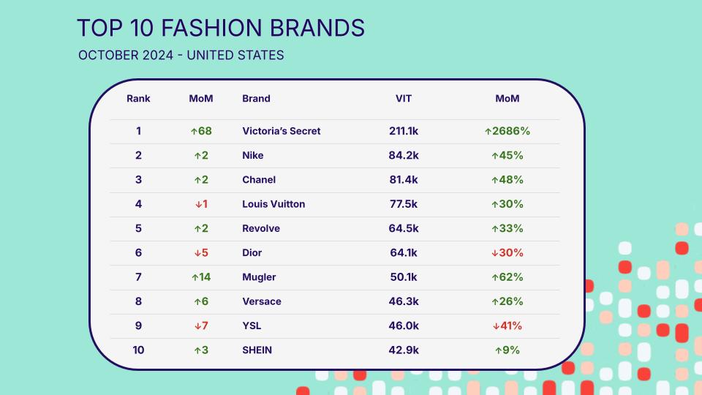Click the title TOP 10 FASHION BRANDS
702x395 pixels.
pos(221,28)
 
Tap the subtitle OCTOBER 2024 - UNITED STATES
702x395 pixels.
pos(181,55)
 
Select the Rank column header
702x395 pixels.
pos(138,99)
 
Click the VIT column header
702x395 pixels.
pos(404,99)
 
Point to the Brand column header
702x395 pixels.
pos(256,99)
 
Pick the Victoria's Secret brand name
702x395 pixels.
pos(281,131)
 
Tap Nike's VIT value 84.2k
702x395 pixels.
pos(404,155)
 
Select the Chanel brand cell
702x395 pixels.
pos(259,180)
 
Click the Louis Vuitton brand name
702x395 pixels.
pos(273,204)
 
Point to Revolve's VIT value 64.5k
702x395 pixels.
pos(404,228)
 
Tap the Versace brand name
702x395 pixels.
pos(262,301)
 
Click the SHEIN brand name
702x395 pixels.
pos(257,350)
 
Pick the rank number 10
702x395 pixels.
pos(138,350)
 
